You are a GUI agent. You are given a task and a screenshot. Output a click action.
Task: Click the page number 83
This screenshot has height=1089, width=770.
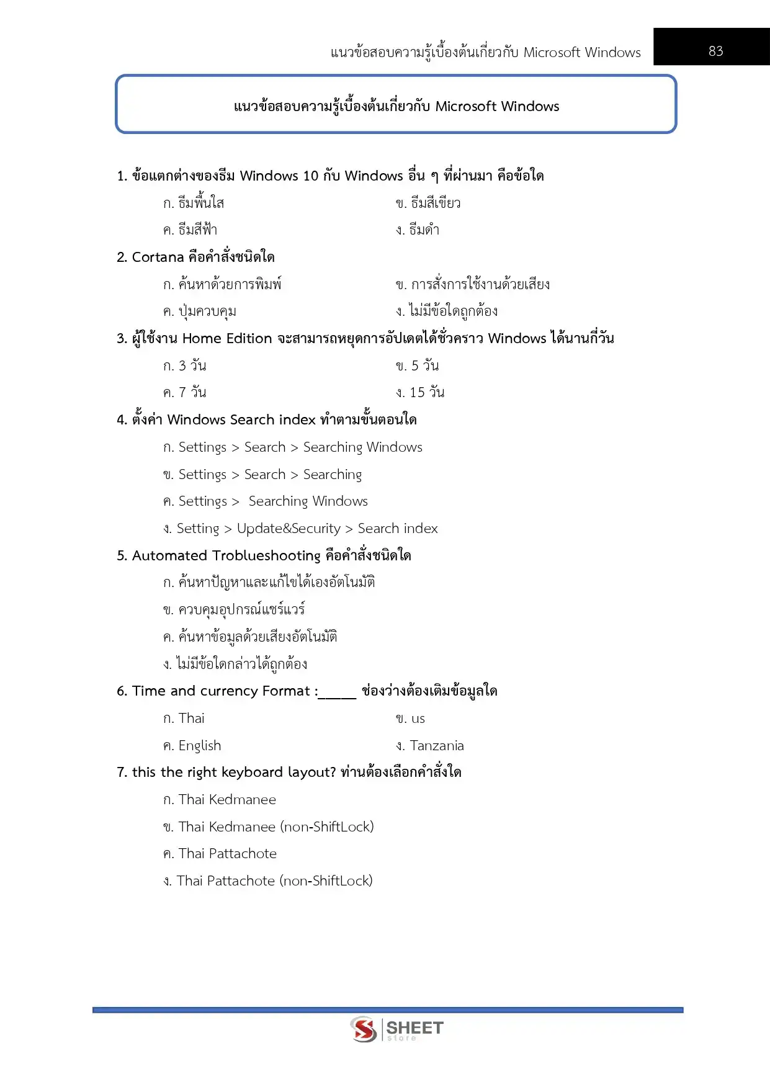(x=715, y=51)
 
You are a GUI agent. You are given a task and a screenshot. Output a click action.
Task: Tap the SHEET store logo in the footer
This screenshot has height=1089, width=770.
(x=397, y=1030)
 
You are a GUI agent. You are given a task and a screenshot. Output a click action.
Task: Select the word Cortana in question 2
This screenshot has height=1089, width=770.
(x=158, y=257)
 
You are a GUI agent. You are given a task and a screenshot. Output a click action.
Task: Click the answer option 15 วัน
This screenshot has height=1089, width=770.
(x=427, y=392)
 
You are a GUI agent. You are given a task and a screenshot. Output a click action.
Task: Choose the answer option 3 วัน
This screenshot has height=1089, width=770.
(x=192, y=365)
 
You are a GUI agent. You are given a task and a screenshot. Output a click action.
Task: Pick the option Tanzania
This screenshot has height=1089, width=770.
(x=437, y=745)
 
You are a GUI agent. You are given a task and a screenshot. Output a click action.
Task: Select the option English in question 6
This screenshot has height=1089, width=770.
(x=200, y=745)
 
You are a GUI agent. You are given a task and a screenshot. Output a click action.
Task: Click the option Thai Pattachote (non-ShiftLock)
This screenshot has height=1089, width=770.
(x=275, y=881)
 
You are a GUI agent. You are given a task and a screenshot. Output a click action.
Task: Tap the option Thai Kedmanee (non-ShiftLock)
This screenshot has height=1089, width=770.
(x=276, y=827)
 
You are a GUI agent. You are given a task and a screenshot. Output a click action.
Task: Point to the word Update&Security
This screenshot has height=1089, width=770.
(x=289, y=528)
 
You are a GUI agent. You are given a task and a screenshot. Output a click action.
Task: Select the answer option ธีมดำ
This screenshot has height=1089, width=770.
(x=424, y=230)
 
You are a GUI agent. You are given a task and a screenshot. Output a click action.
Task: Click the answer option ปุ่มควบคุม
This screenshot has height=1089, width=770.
(x=207, y=311)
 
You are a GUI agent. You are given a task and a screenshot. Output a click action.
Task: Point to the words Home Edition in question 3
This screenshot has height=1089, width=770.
(x=227, y=338)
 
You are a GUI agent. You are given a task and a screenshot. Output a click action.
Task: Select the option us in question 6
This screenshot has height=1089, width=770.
(x=418, y=719)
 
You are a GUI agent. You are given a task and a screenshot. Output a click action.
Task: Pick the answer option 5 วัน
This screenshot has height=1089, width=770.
(x=425, y=365)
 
